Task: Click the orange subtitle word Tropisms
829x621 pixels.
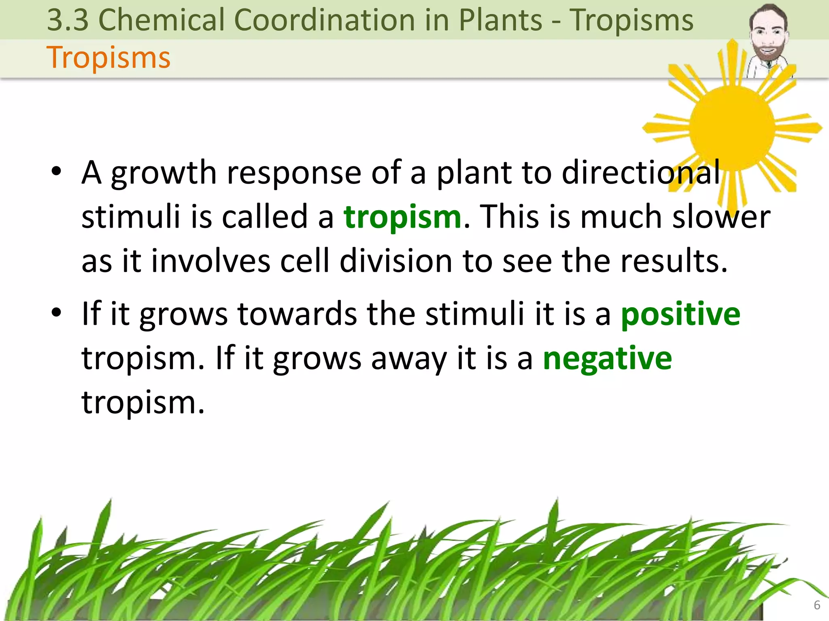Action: pos(108,57)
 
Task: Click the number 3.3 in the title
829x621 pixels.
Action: pos(68,20)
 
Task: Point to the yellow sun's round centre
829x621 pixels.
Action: pos(732,128)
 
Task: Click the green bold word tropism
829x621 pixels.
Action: pos(402,217)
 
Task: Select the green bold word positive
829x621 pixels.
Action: pos(680,314)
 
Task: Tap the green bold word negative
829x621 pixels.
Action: pos(607,359)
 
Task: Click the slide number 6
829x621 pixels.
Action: pos(817,605)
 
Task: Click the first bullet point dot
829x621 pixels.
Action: pos(57,171)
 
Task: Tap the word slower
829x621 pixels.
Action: pos(721,217)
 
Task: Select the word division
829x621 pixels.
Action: pos(395,261)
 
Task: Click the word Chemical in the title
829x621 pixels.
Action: pos(161,20)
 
